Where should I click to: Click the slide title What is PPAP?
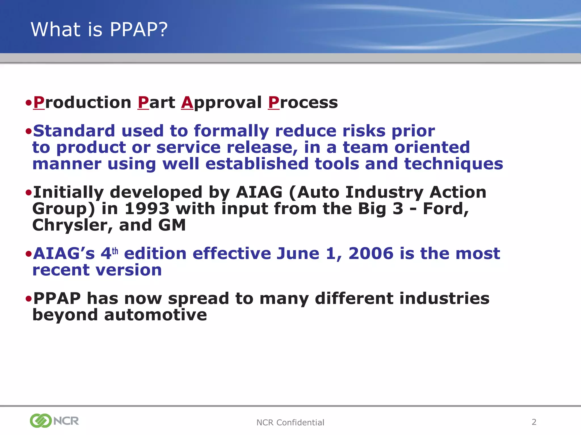click(x=99, y=29)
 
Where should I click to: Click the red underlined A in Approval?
click(x=187, y=103)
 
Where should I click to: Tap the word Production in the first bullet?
click(x=82, y=103)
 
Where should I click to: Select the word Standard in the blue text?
click(x=74, y=131)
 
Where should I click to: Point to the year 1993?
click(x=147, y=209)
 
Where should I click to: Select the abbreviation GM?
click(x=172, y=225)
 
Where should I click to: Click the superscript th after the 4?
click(x=115, y=251)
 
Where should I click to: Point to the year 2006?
click(x=371, y=253)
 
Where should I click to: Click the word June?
click(x=298, y=253)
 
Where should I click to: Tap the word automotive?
click(x=155, y=315)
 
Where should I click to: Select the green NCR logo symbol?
click(x=41, y=421)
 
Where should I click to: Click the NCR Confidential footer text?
click(x=290, y=423)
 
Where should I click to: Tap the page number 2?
click(x=534, y=422)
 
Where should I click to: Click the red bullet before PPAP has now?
click(x=28, y=298)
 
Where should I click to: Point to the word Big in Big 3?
click(x=372, y=209)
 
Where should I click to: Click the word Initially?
click(x=68, y=193)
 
